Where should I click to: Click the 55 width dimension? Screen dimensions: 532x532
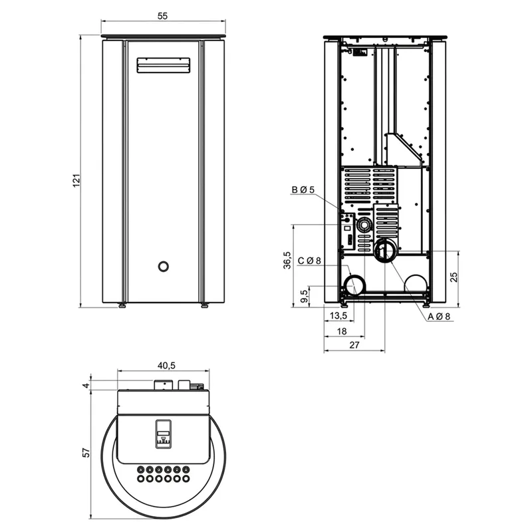click(162, 16)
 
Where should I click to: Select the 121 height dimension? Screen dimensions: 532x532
click(76, 180)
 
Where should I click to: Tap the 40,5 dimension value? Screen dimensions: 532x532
click(166, 365)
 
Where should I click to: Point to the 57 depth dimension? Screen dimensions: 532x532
click(86, 453)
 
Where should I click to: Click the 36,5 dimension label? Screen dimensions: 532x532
click(287, 260)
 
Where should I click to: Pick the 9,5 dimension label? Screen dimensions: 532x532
click(305, 295)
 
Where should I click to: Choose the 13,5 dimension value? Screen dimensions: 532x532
click(338, 315)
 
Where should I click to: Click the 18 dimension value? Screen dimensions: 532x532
click(342, 331)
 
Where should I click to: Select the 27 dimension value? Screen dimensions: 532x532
click(354, 345)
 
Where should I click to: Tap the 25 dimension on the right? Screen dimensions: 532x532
click(454, 277)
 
